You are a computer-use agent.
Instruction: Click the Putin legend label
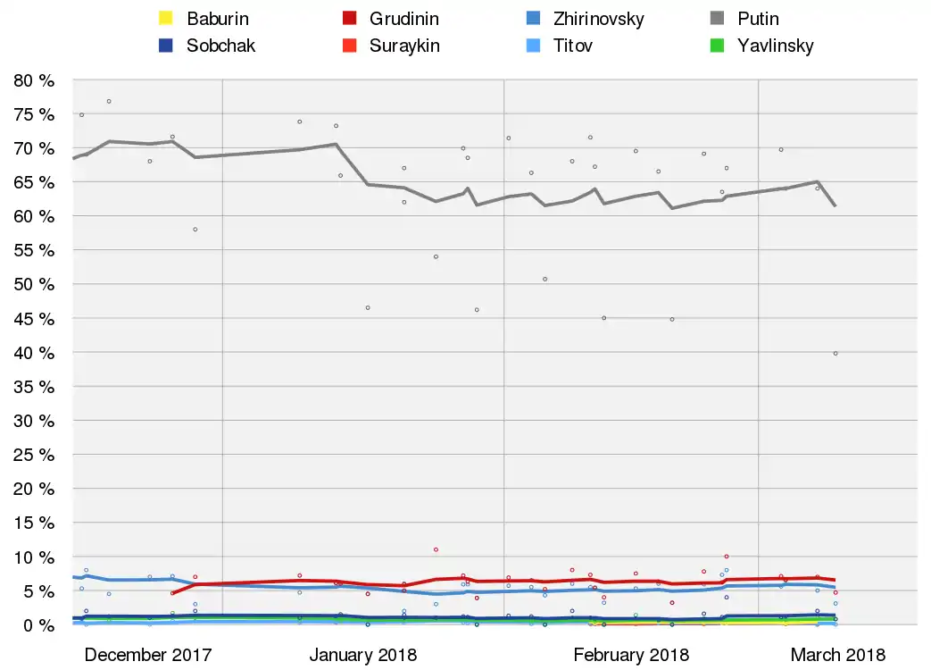[x=758, y=19]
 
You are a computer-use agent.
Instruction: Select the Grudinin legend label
[x=403, y=19]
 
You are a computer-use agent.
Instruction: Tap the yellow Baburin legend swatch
[x=165, y=19]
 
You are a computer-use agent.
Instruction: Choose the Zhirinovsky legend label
[x=598, y=19]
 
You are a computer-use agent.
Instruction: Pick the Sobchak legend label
[x=220, y=46]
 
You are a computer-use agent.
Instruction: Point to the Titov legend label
[x=573, y=46]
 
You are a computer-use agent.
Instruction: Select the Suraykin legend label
[x=404, y=46]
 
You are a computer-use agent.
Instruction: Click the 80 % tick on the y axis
[x=35, y=80]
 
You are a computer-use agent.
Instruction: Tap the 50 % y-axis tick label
[x=35, y=285]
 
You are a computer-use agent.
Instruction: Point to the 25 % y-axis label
[x=35, y=455]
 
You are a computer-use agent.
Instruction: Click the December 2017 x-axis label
[x=148, y=655]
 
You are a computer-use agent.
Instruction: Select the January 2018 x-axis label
[x=362, y=655]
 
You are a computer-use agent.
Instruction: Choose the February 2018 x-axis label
[x=630, y=655]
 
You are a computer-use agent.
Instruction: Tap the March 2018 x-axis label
[x=837, y=655]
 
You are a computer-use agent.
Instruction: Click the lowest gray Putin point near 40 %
[x=835, y=354]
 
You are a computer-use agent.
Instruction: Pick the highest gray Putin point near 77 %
[x=109, y=101]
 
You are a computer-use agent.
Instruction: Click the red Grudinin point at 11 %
[x=436, y=549]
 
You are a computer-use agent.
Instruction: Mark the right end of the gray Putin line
[x=835, y=205]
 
